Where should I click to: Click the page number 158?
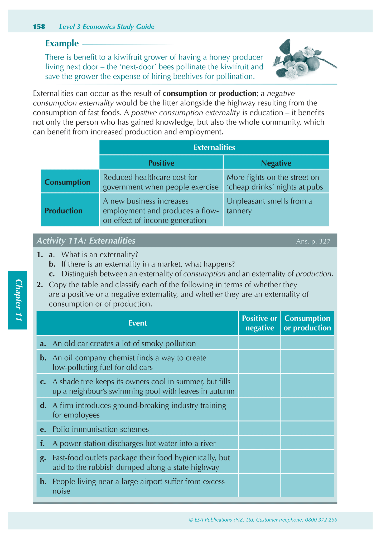click(39, 27)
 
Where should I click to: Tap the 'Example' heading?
click(62, 43)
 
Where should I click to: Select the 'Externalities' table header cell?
click(214, 147)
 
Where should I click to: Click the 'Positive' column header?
click(161, 163)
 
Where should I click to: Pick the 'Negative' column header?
click(276, 163)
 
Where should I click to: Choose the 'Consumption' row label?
click(67, 182)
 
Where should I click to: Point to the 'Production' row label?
click(64, 211)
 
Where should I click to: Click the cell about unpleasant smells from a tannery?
click(276, 206)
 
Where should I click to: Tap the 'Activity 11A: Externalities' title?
click(86, 241)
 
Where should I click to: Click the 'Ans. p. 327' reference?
click(313, 241)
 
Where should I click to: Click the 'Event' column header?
click(137, 323)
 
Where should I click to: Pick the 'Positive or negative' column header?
click(259, 323)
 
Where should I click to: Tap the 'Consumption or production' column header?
click(307, 323)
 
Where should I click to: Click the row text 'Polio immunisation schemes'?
click(100, 429)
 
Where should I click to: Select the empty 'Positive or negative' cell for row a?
click(259, 343)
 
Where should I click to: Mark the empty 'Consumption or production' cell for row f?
click(307, 443)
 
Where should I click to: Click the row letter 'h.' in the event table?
click(43, 481)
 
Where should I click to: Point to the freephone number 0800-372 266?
click(321, 520)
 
